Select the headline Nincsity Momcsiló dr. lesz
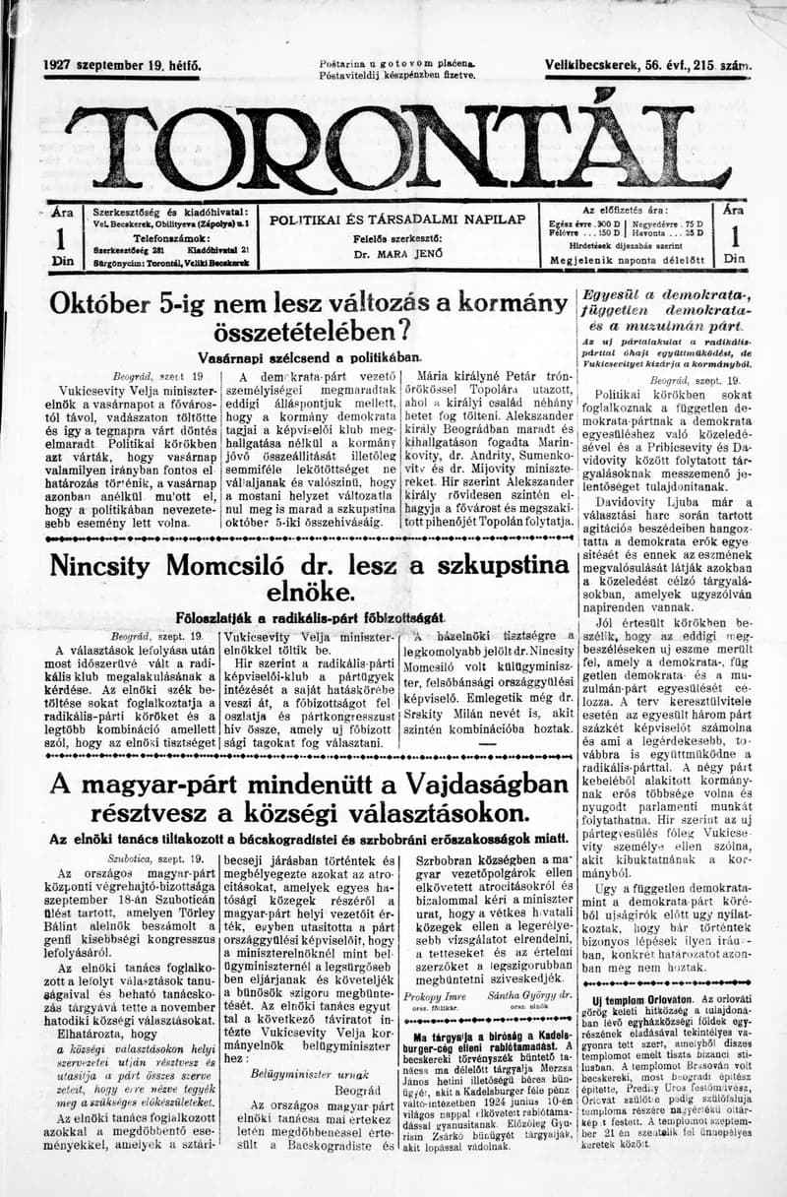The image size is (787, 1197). point(309,579)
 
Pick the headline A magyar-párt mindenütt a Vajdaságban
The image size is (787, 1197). point(309,798)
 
